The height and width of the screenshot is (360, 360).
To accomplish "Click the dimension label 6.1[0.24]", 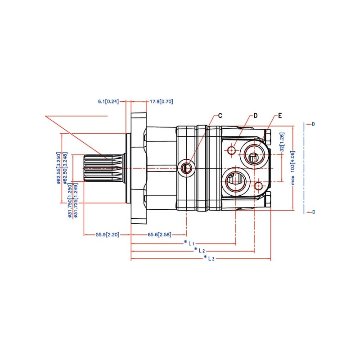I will [108, 102].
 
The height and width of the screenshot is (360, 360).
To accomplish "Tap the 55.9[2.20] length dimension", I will [107, 234].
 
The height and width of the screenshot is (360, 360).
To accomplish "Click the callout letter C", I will [220, 116].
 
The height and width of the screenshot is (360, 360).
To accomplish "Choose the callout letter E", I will [279, 116].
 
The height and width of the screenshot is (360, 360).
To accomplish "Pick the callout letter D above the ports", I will [255, 116].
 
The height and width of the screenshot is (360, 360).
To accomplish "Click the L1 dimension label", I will [191, 243].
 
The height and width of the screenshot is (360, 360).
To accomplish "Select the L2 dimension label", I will [201, 250].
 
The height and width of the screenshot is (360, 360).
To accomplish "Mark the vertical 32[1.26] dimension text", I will [282, 141].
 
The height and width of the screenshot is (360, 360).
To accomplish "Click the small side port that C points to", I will [186, 168].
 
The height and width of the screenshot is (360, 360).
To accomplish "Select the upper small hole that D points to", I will [232, 150].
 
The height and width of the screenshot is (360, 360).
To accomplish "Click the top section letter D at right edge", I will [313, 124].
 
